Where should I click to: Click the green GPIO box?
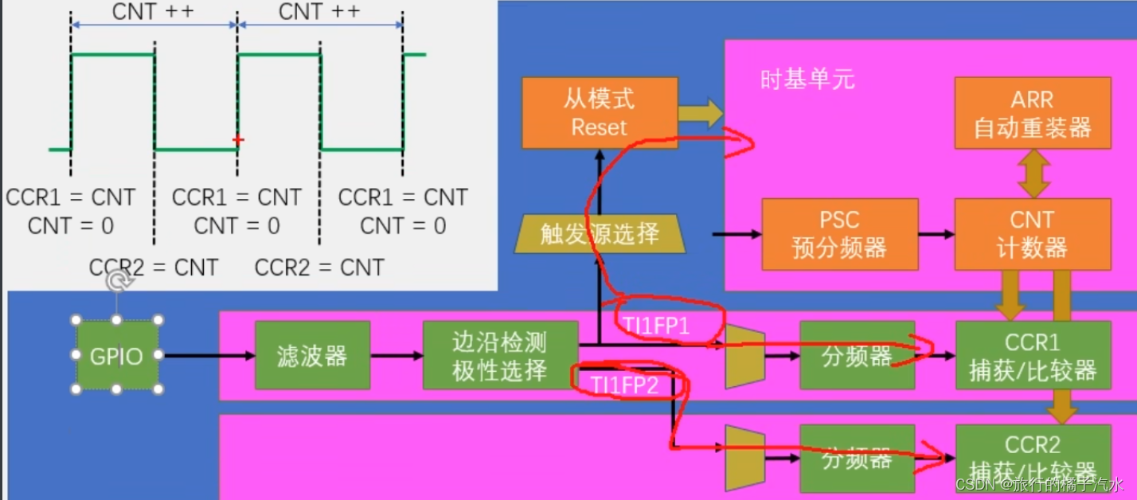pos(117,355)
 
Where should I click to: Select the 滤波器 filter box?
pos(312,355)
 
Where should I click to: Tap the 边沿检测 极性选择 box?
pos(499,355)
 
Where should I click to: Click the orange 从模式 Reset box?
pos(600,113)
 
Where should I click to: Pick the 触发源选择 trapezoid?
pos(599,233)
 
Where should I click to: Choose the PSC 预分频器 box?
pos(839,233)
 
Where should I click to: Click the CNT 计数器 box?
pos(1032,233)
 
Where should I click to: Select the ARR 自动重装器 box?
pos(1032,113)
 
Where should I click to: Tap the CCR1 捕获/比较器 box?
pos(1032,355)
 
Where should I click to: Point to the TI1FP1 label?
pos(651,327)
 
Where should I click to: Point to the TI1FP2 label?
pos(625,385)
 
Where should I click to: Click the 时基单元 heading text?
pos(807,80)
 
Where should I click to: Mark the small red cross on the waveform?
pos(237,140)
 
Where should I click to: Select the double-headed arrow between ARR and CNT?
pos(1033,173)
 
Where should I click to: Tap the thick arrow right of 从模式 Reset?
pos(699,113)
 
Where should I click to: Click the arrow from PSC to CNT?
pos(936,234)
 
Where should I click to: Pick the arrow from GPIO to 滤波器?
pos(206,356)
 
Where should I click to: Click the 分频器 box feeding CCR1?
pos(857,355)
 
